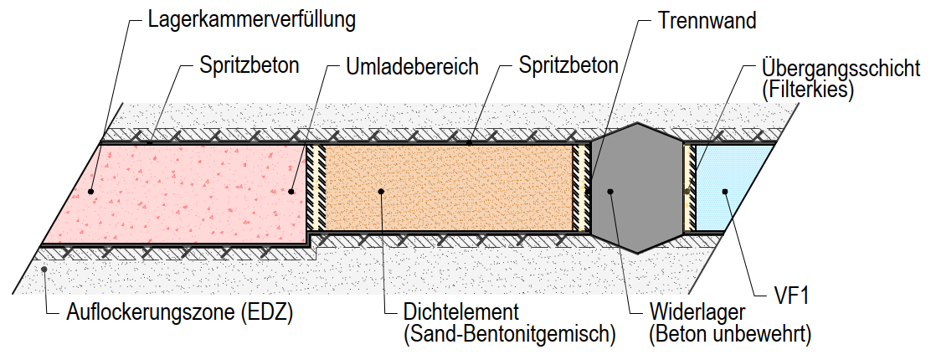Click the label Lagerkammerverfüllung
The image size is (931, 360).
(x=251, y=20)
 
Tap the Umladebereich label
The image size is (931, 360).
(x=412, y=66)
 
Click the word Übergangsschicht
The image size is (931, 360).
(x=841, y=67)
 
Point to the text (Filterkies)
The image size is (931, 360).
(x=807, y=89)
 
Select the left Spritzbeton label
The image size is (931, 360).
(x=249, y=66)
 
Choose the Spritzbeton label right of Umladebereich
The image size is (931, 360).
(x=568, y=65)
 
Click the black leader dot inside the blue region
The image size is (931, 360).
(x=726, y=192)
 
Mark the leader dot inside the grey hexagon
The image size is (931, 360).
(x=611, y=192)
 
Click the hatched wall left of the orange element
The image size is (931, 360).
(x=315, y=188)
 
